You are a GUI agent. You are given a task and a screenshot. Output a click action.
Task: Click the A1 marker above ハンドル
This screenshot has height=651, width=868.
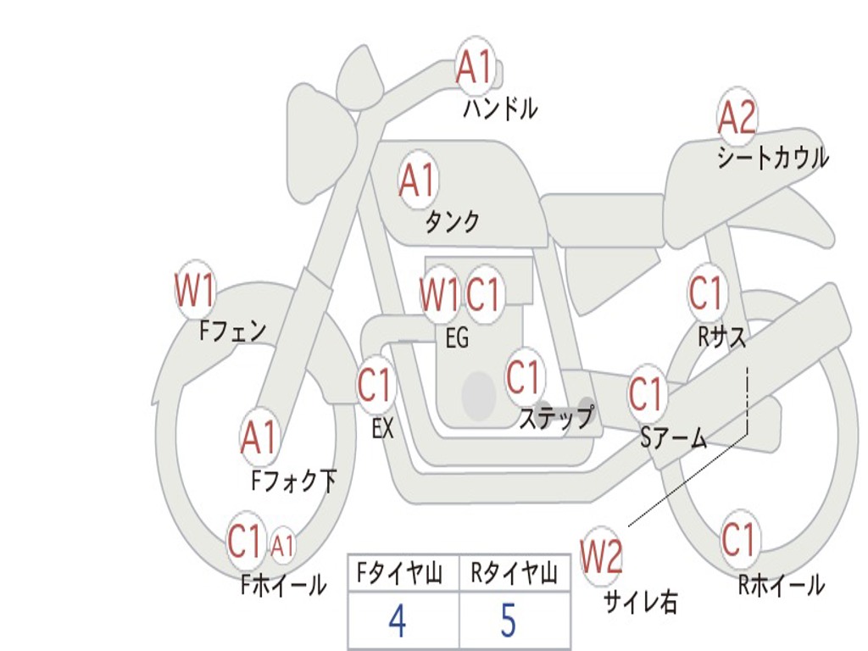coord(475,66)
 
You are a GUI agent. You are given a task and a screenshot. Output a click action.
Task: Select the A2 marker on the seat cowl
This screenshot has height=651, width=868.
coord(737,117)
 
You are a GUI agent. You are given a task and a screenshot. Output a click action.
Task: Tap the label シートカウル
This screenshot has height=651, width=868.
coord(773,157)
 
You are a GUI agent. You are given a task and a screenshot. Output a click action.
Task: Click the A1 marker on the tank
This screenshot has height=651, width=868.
coord(419,180)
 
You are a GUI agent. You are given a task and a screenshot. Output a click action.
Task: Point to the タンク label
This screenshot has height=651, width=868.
coord(452,221)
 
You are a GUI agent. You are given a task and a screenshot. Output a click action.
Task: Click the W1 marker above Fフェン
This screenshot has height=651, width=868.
coord(194,290)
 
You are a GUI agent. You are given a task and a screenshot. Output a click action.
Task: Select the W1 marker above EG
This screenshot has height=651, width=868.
coord(440,294)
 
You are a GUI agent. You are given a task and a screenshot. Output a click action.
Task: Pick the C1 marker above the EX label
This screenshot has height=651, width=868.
coord(376,384)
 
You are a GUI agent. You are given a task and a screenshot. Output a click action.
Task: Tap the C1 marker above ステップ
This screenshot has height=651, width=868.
coord(524,376)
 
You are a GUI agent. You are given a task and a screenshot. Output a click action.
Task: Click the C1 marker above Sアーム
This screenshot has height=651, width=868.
coord(647,394)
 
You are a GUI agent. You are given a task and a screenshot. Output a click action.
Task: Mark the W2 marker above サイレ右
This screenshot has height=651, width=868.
coord(601,556)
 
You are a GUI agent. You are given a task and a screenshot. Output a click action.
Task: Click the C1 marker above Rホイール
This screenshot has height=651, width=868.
coord(739,540)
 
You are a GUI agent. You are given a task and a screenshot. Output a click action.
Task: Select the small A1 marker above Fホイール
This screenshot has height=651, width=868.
coord(282,545)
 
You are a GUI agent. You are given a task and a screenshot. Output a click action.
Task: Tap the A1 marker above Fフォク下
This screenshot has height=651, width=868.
coord(259,437)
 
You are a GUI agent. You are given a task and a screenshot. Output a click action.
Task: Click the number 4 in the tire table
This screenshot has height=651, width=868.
coord(398,620)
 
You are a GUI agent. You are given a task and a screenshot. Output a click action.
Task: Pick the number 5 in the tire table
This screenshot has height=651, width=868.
coord(509,620)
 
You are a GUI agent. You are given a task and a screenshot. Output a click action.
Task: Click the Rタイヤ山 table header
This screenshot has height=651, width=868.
coord(515,573)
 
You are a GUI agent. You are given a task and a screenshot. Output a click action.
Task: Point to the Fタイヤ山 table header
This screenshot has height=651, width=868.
coord(400,573)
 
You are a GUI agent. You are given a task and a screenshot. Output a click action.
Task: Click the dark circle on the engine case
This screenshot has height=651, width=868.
coord(479,396)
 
